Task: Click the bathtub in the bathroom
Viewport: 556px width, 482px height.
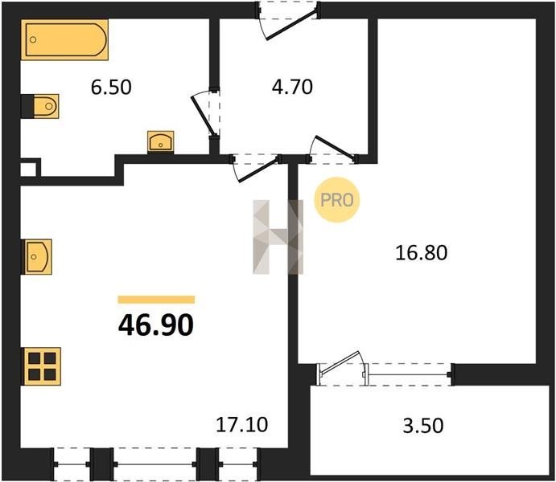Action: (x=64, y=39)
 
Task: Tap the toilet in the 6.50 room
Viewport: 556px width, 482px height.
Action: (x=46, y=106)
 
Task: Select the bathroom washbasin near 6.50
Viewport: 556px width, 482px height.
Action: (x=161, y=142)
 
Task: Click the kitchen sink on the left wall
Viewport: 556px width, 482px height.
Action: (x=37, y=256)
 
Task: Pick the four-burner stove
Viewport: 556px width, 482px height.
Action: (x=42, y=366)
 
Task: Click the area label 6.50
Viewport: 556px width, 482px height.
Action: (x=111, y=87)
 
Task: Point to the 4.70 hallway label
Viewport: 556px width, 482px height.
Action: (x=292, y=87)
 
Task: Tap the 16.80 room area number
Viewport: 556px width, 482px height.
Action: (x=422, y=253)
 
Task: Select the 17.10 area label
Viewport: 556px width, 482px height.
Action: (x=242, y=425)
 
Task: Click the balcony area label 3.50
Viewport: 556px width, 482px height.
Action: (x=423, y=426)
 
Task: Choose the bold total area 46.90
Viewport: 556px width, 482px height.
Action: (x=156, y=325)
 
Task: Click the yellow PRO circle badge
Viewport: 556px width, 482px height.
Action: (x=337, y=200)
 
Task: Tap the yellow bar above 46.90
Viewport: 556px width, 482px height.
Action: (x=156, y=300)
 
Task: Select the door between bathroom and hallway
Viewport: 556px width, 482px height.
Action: (x=206, y=113)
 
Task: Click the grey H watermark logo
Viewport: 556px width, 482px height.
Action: (x=278, y=237)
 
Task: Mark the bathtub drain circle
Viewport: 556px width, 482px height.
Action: (x=33, y=39)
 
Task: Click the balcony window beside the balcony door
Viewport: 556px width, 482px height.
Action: (x=410, y=374)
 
